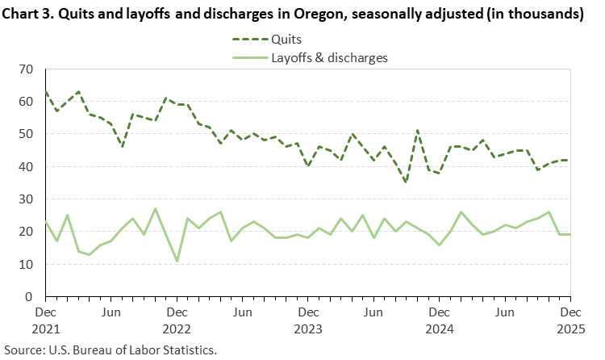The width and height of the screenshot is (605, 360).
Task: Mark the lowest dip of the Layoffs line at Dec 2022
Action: pyautogui.click(x=177, y=261)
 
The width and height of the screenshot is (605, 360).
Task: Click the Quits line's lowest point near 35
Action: pyautogui.click(x=406, y=182)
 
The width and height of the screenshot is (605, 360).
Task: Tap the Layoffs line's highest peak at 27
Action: pyautogui.click(x=155, y=209)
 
